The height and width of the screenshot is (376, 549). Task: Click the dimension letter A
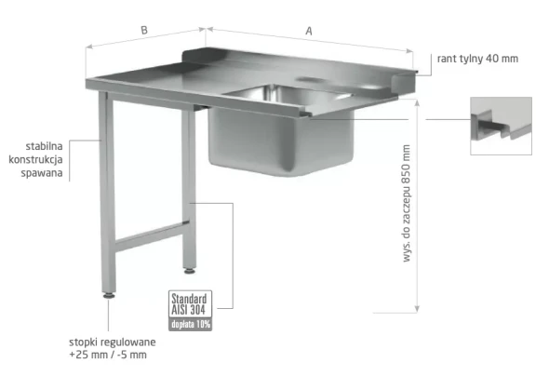(x=309, y=31)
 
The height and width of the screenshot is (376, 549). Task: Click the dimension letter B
(x=144, y=31)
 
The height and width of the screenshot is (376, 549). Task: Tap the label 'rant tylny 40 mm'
(x=477, y=59)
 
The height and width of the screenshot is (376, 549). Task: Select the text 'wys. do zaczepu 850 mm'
(x=406, y=203)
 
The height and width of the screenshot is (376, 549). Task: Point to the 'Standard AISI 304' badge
(x=190, y=304)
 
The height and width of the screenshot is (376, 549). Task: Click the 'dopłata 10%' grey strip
(x=190, y=324)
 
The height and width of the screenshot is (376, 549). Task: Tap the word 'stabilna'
(x=44, y=146)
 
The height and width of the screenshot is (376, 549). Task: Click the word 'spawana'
(x=42, y=173)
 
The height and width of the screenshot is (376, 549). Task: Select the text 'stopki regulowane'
(x=113, y=342)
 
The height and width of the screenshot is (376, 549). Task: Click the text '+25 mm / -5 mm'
(x=108, y=355)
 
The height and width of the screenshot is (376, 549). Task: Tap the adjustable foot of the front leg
(x=109, y=295)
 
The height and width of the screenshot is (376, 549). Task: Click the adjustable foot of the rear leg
(x=190, y=271)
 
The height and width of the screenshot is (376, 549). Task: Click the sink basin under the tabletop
(x=280, y=140)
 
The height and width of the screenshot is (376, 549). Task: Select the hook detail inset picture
(x=501, y=126)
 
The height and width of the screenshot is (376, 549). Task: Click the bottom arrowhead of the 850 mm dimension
(x=417, y=308)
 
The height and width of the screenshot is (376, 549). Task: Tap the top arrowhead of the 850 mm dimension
(x=417, y=103)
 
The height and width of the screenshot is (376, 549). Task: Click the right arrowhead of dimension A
(x=409, y=51)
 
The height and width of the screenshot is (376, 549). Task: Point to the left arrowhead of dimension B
(x=89, y=47)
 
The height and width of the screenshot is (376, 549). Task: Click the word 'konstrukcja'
(x=35, y=160)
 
